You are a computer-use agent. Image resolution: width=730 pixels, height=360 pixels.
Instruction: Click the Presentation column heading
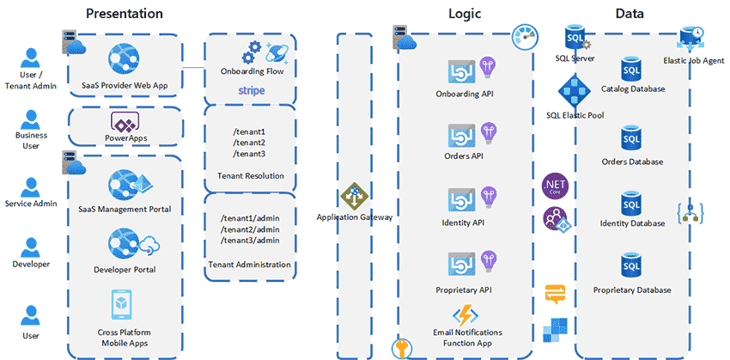125,14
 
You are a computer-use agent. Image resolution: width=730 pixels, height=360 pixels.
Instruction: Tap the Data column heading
631,14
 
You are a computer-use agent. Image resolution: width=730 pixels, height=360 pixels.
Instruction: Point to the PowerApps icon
125,121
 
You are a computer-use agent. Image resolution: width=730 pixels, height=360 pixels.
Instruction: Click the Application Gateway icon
353,197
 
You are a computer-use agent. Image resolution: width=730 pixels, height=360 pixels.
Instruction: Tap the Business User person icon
32,119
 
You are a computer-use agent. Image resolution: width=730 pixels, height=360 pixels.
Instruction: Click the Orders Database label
632,162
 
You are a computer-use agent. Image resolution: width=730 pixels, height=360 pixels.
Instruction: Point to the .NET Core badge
553,185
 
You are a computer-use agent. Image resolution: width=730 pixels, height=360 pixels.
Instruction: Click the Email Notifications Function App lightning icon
465,314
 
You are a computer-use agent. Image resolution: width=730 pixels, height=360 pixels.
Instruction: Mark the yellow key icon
401,347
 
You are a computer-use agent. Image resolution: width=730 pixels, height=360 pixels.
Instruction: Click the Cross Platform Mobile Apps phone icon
125,308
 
